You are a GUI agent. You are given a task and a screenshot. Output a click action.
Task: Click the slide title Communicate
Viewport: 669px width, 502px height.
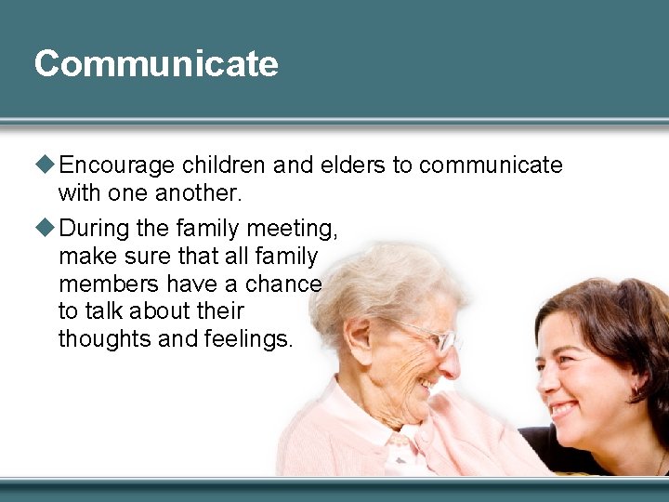(156, 64)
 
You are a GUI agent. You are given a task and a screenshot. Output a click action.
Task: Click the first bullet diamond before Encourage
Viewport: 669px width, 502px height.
(46, 165)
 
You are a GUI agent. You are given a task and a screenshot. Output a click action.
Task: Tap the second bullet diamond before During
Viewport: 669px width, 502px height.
(46, 228)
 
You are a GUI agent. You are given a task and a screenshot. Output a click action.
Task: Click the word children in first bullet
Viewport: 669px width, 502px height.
(223, 165)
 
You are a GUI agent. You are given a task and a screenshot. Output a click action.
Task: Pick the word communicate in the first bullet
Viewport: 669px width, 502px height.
(491, 165)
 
